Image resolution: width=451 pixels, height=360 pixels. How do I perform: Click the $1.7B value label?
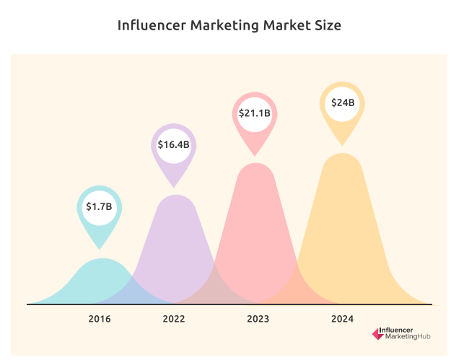100,206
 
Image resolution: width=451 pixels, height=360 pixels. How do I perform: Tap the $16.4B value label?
174,144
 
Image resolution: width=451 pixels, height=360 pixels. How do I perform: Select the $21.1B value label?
255,113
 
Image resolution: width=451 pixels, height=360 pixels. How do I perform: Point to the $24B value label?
343,102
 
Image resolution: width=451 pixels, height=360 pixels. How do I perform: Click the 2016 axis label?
100,318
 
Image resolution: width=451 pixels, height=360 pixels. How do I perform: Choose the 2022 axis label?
174,318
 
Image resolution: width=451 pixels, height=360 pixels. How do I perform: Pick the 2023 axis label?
258,318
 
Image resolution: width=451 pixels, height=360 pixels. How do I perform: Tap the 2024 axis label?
342,318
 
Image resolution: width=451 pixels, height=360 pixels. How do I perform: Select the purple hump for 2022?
174,238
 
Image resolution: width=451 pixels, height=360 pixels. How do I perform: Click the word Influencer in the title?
151,26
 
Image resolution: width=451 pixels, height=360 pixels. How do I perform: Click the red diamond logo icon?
377,333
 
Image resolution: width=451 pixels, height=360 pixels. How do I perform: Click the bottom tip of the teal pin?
100,249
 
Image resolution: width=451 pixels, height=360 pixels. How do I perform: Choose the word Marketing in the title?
222,26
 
